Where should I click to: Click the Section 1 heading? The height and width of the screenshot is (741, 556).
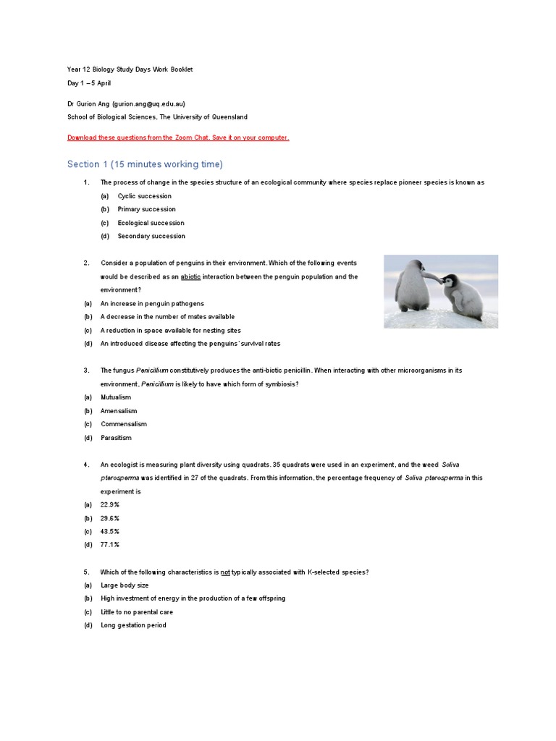(145, 164)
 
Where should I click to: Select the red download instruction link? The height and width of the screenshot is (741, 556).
(178, 137)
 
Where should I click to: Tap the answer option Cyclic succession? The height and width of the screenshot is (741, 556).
(144, 196)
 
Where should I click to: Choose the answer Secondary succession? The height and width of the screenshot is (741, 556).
(151, 236)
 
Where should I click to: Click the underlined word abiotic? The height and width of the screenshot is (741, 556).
(190, 276)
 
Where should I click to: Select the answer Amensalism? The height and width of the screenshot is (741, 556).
(119, 411)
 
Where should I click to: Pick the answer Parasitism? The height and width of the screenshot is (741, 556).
(116, 438)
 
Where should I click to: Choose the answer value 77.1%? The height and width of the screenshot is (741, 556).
(110, 544)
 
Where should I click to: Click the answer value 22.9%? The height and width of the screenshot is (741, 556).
(110, 504)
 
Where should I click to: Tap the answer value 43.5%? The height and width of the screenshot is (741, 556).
(110, 531)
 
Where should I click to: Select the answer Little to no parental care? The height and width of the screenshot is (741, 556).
(137, 612)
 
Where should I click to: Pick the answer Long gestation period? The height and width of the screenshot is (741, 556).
(133, 625)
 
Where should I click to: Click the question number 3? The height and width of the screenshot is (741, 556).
(86, 370)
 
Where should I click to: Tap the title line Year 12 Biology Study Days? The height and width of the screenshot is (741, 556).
(130, 69)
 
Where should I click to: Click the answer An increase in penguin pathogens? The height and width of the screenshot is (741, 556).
(152, 303)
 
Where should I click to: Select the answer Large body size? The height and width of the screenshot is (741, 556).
(125, 585)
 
